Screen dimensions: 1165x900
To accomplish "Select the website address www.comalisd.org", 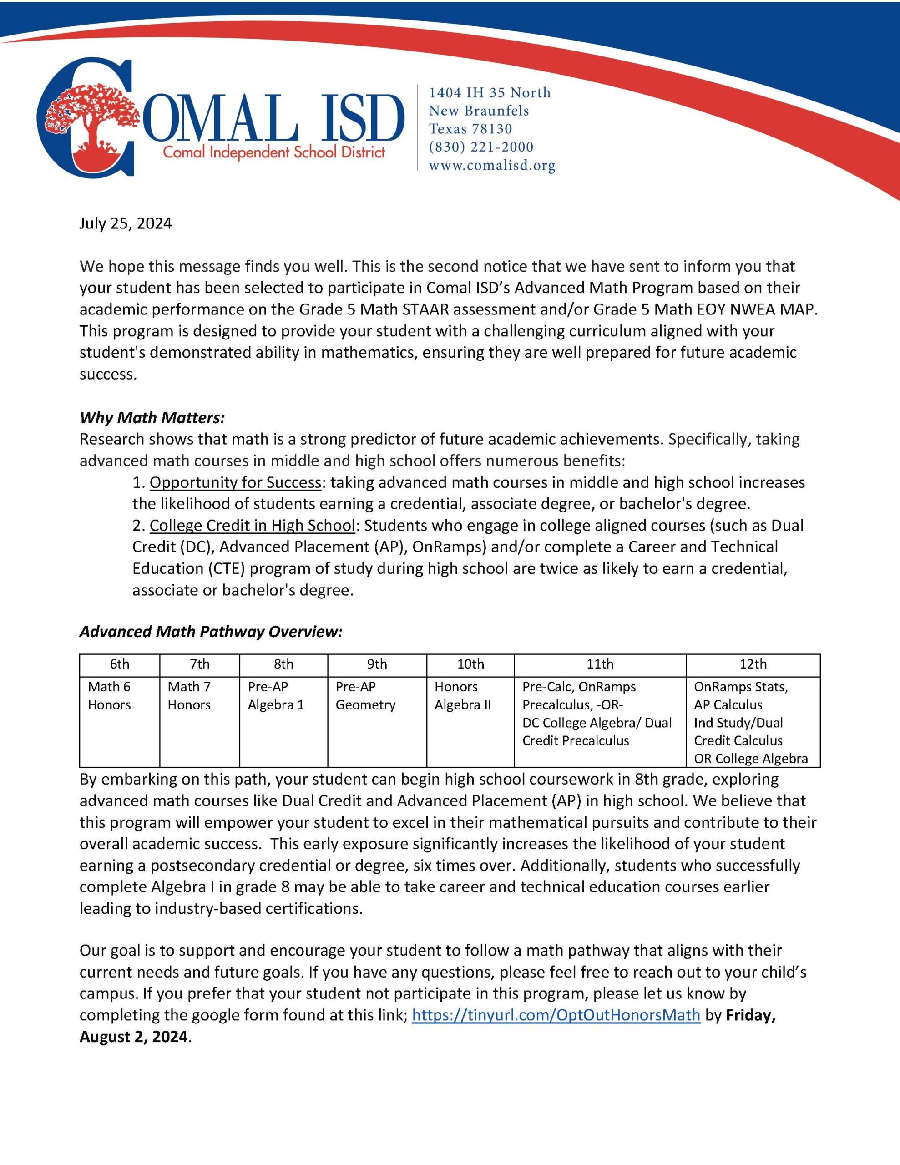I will coord(492,165).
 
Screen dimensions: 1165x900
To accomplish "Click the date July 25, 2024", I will coord(126,223).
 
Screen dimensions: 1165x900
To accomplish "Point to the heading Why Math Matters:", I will coord(152,417).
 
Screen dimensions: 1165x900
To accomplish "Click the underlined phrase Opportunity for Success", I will coord(235,482).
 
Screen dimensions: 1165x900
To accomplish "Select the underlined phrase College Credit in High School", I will coord(252,526).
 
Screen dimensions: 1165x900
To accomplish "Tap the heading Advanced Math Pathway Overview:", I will coord(211,632).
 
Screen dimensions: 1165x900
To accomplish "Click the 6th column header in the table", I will coord(120,664).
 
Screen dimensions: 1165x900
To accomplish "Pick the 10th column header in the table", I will coord(470,664).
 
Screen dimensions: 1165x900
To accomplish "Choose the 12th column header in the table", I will coord(753,664).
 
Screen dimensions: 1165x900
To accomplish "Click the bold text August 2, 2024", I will coord(133,1037).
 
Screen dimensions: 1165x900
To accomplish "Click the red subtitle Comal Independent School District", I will coord(273,152).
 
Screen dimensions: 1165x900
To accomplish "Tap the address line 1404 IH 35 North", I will coord(490,93).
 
